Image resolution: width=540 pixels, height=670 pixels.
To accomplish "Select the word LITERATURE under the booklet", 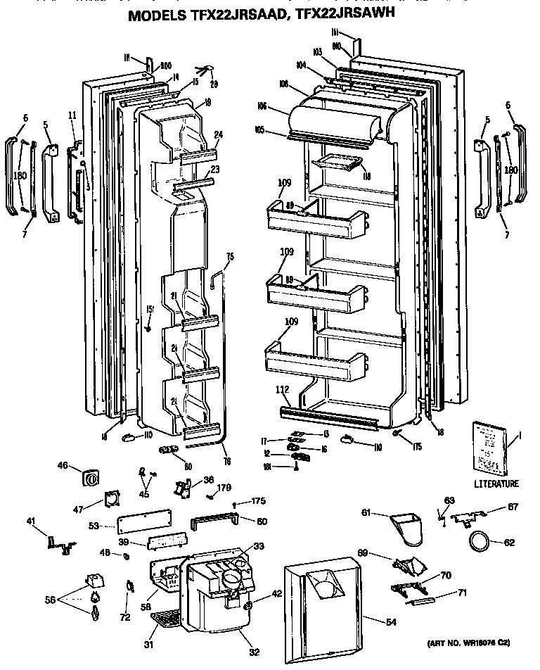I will coord(495,483).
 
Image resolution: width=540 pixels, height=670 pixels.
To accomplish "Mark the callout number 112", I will coord(283,389).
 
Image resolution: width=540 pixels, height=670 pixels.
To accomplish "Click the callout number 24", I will coord(218,135).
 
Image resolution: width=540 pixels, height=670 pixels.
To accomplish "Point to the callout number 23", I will coord(216,169).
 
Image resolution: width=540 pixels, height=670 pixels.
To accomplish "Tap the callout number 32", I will coord(254,652).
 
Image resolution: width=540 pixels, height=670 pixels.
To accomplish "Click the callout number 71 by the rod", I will coord(462,593).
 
